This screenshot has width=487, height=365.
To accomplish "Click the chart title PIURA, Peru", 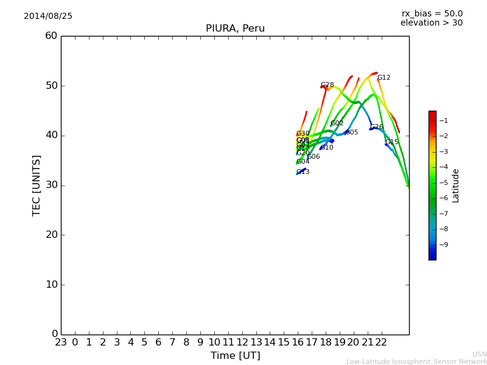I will tap(235, 29).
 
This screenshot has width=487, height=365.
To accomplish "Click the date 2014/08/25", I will tap(48, 16).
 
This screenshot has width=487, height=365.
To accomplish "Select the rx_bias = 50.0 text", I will tap(432, 14).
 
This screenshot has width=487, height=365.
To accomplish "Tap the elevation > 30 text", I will tap(431, 23).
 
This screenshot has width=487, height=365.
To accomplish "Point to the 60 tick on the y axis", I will tap(51, 36).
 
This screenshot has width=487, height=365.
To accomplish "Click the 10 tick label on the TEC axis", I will tap(51, 284).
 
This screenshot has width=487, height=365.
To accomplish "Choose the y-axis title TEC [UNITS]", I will tap(37, 185).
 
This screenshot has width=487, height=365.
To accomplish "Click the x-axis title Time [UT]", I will tap(235, 356).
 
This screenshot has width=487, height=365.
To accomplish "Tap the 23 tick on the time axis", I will tap(61, 342).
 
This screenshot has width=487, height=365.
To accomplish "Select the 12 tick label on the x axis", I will tap(242, 342).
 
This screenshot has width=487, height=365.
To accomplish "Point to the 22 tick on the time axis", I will tap(381, 342).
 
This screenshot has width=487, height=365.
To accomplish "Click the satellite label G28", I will tap(328, 85).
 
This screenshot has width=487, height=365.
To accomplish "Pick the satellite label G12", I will tap(384, 78).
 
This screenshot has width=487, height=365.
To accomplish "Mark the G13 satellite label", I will tap(303, 172).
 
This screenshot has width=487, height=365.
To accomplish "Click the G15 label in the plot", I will tap(392, 142).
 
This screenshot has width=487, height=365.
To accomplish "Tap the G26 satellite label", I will tap(377, 127).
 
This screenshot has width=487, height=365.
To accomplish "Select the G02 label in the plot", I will tap(337, 123).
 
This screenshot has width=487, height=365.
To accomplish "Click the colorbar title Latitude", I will tap(456, 186).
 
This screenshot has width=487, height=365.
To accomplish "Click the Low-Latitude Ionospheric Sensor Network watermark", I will tap(416, 362).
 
